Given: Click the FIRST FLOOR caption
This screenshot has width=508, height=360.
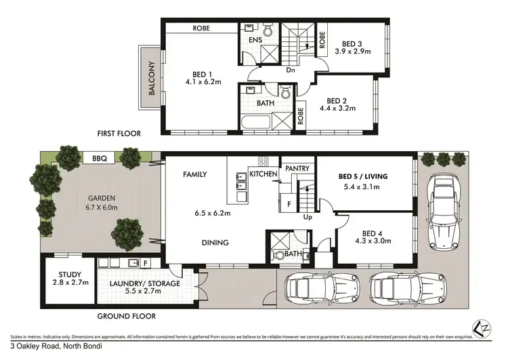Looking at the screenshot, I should (118, 134).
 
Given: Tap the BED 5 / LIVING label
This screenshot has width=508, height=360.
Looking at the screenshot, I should (363, 176).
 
